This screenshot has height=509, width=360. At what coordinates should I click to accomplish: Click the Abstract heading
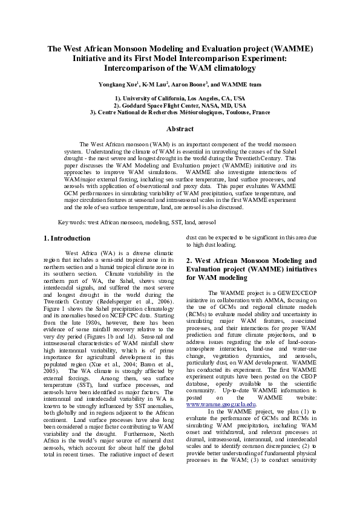pyautogui.click(x=180, y=129)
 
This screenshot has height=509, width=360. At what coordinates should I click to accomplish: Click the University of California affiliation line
pyautogui.click(x=180, y=97)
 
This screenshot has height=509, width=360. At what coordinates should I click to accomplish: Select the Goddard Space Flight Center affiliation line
pyautogui.click(x=180, y=105)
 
